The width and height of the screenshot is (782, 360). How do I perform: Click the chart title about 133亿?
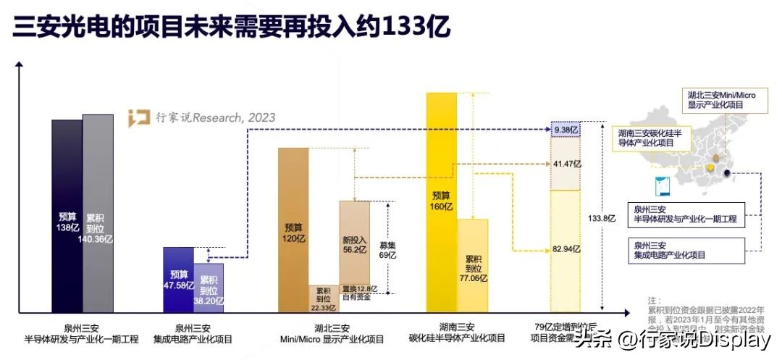pos(232,27)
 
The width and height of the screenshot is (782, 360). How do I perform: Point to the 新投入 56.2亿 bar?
pos(355,243)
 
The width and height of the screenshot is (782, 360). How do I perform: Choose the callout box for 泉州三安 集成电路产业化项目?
pos(686,249)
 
